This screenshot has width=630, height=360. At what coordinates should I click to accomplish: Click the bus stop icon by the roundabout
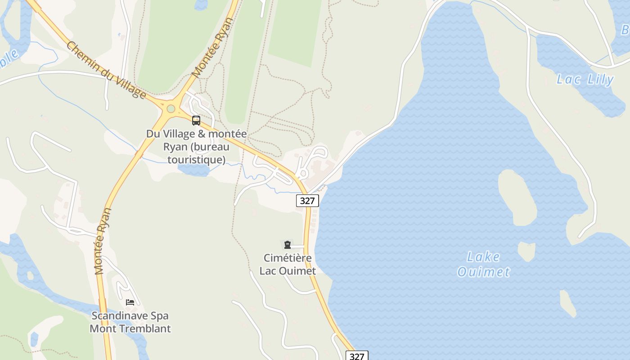pyautogui.click(x=196, y=120)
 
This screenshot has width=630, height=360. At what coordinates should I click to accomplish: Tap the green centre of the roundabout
pyautogui.click(x=171, y=108)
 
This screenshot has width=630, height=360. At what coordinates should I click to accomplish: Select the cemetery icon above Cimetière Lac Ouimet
pyautogui.click(x=287, y=245)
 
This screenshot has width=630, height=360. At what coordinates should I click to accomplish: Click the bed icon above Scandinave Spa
pyautogui.click(x=130, y=302)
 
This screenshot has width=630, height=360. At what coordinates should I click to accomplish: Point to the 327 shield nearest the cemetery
pyautogui.click(x=307, y=201)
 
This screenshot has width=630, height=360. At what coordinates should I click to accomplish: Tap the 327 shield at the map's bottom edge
pyautogui.click(x=357, y=356)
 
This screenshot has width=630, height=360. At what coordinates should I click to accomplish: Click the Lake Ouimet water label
pyautogui.click(x=484, y=264)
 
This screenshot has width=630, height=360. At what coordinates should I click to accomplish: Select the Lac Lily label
pyautogui.click(x=585, y=80)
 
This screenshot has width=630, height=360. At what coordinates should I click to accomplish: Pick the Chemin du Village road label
pyautogui.click(x=106, y=70)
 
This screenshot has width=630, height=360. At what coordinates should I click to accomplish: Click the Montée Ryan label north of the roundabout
pyautogui.click(x=212, y=47)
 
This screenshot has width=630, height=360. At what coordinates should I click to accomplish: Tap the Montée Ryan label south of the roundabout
pyautogui.click(x=103, y=241)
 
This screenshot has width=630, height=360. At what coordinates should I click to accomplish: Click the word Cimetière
pyautogui.click(x=288, y=258)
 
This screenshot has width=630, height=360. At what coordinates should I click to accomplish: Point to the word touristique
pyautogui.click(x=196, y=159)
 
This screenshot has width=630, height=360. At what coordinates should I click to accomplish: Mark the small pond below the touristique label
pyautogui.click(x=194, y=170)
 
